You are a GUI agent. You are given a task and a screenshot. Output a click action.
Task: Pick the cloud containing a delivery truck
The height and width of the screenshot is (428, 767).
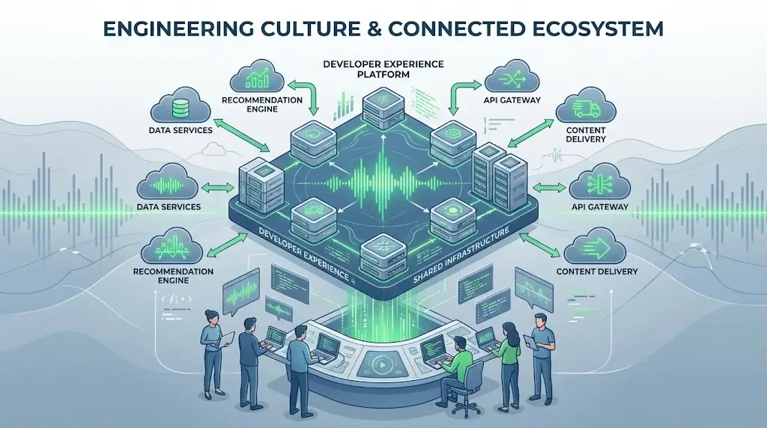point(585,110)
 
